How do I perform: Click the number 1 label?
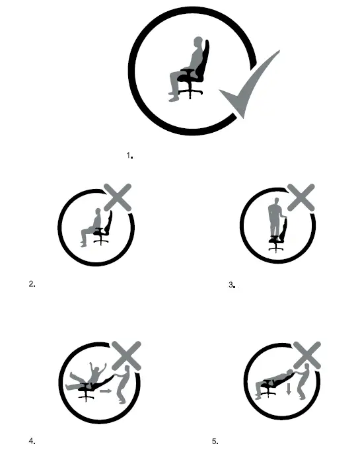click(x=129, y=155)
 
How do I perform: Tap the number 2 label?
click(x=32, y=284)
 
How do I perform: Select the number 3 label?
click(x=231, y=285)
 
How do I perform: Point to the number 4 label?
click(x=32, y=440)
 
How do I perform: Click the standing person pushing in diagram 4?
click(x=121, y=387)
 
